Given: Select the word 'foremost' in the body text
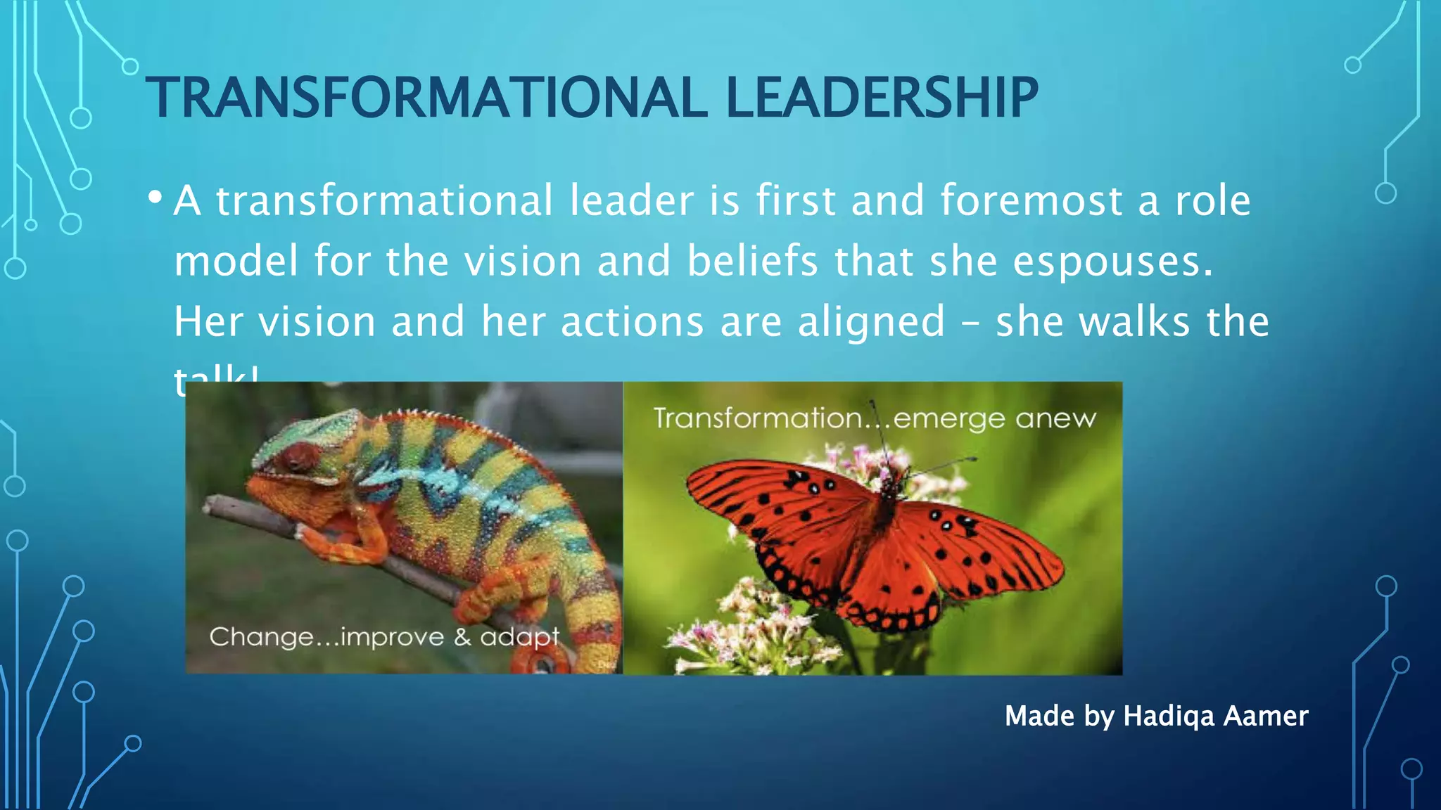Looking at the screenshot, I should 1031,200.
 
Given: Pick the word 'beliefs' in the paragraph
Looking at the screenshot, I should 752,261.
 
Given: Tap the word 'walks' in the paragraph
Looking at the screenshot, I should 1134,322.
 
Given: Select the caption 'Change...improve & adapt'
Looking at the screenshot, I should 384,637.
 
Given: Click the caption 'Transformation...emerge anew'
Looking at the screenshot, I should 875,419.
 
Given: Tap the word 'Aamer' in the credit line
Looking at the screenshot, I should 1266,716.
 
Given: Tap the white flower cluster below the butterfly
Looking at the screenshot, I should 746,626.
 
